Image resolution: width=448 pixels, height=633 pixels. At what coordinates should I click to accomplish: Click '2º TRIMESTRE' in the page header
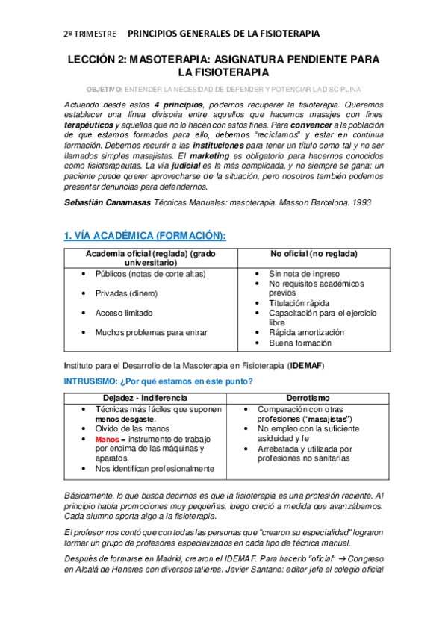click(90, 34)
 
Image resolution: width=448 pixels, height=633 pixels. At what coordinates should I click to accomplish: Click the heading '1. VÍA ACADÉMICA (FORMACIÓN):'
click(145, 236)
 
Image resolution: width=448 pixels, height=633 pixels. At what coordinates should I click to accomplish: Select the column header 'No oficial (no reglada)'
click(314, 254)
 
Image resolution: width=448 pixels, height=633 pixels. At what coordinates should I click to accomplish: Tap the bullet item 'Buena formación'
click(301, 343)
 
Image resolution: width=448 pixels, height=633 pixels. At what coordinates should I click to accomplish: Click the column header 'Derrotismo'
click(307, 398)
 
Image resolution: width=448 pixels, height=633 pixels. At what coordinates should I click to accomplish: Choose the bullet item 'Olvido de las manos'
click(132, 429)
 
